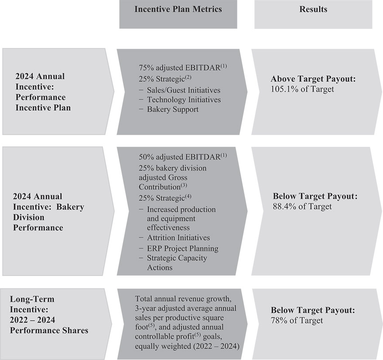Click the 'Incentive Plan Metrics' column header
click(178, 9)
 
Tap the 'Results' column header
click(313, 9)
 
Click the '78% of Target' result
click(297, 321)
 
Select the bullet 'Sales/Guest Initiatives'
click(183, 90)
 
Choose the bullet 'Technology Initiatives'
click(184, 100)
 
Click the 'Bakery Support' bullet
click(173, 109)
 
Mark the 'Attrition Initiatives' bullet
click(178, 238)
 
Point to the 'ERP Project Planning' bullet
click(182, 249)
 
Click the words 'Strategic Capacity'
click(177, 258)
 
